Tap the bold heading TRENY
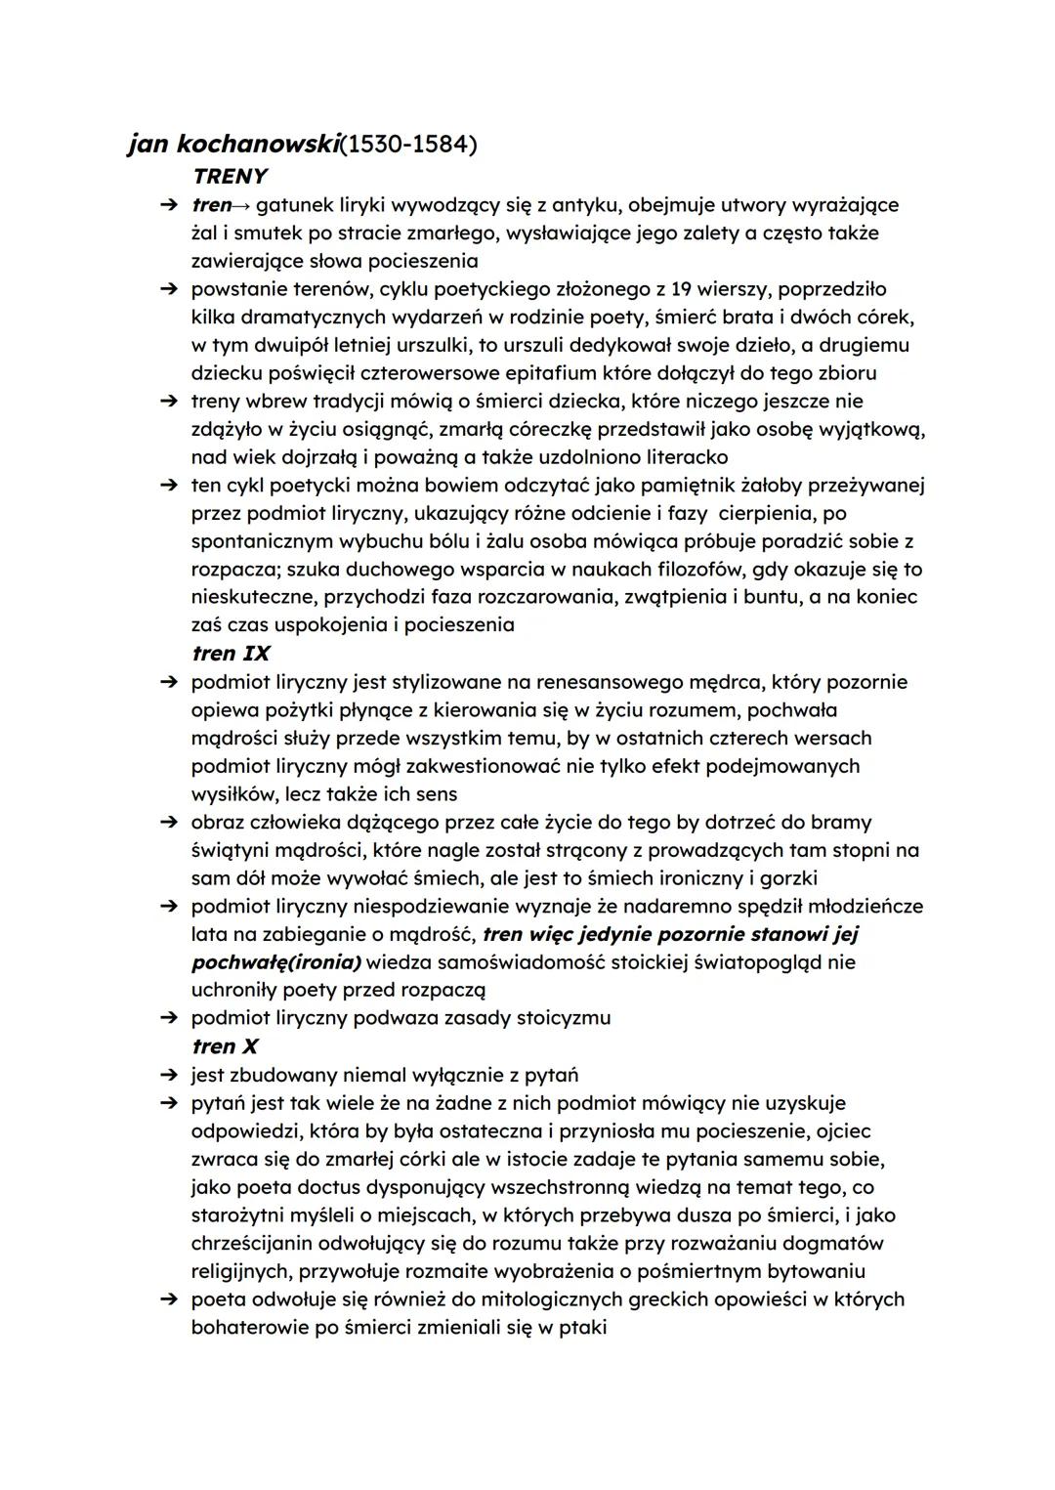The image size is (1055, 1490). [231, 177]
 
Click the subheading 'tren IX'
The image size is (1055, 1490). [231, 654]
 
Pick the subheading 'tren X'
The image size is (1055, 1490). [226, 1046]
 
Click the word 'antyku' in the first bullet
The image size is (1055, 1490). [584, 205]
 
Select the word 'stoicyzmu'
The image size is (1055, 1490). [562, 1018]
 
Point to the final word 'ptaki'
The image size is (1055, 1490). [582, 1328]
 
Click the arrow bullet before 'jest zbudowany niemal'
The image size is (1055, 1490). [169, 1075]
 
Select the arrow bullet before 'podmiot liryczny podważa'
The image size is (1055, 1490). [169, 1018]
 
